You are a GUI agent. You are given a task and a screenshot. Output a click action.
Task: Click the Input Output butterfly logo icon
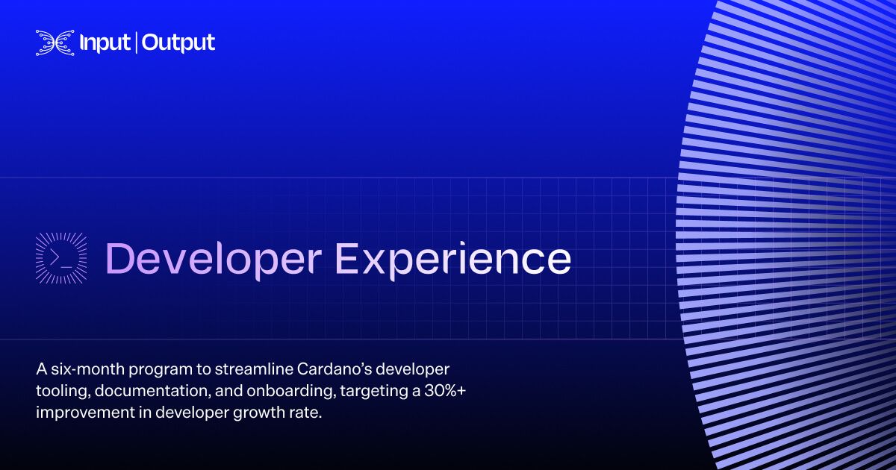[55, 43]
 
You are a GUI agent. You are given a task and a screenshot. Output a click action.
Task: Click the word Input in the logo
[105, 43]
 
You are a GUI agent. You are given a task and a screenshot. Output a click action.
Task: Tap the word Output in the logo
[178, 43]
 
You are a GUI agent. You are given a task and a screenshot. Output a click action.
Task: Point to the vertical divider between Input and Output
[136, 43]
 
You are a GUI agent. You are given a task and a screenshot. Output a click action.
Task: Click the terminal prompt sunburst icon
[61, 258]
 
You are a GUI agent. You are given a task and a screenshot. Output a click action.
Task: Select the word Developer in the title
[214, 260]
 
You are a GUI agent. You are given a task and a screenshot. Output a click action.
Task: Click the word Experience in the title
[452, 260]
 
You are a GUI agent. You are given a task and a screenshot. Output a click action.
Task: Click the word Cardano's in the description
[333, 369]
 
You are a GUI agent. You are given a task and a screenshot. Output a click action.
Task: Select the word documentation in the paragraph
[153, 390]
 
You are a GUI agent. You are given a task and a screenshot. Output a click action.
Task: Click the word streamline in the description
[253, 369]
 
